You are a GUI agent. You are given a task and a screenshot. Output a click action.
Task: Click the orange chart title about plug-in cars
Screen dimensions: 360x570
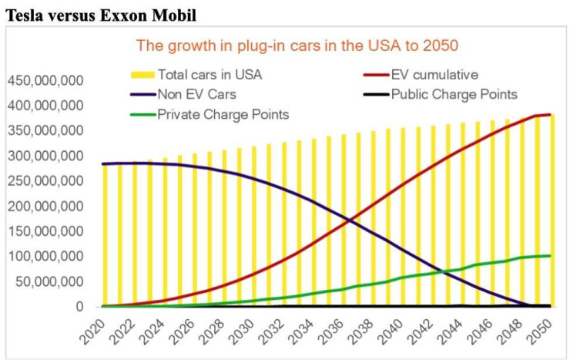(x=297, y=45)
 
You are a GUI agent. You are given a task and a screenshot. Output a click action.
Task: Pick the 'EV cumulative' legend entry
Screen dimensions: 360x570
(x=434, y=75)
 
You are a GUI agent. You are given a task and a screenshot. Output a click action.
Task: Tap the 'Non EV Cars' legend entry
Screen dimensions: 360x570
(x=193, y=95)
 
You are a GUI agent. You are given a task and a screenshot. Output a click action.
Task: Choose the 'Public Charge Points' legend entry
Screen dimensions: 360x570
(x=454, y=95)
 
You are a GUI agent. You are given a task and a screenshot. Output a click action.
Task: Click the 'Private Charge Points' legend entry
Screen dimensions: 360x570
(x=223, y=115)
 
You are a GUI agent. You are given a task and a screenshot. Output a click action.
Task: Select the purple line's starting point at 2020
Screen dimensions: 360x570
(x=102, y=163)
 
